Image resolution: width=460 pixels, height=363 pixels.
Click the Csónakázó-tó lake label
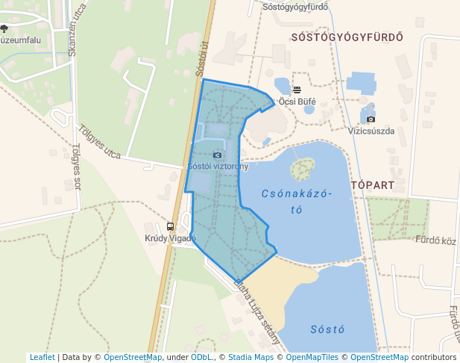[x=296, y=201]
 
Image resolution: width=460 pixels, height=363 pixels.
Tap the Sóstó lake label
[x=327, y=329]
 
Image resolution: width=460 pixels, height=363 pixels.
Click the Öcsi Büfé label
[x=297, y=101]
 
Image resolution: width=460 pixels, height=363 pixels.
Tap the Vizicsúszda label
[x=371, y=130]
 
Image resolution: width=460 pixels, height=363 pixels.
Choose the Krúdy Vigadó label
[x=170, y=238]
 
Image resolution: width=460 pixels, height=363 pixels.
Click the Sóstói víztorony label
[x=218, y=166]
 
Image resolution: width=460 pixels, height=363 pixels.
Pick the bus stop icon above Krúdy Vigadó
[x=171, y=226]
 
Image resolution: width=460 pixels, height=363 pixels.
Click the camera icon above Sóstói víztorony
[x=217, y=155]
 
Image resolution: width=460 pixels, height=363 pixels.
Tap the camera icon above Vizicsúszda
[x=371, y=119]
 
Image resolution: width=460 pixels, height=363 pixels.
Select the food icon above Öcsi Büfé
[x=297, y=90]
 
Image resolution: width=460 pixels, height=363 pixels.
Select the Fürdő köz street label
[x=435, y=241]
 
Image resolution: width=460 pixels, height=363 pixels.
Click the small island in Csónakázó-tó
[x=301, y=170]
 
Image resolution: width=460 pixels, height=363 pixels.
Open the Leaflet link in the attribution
[x=42, y=357]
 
